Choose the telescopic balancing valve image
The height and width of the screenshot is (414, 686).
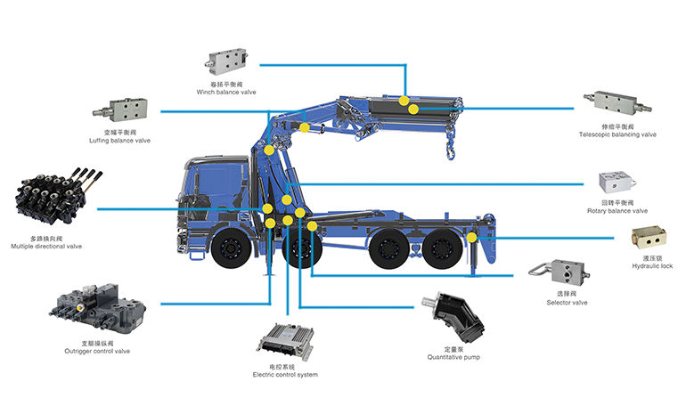pos(616,105)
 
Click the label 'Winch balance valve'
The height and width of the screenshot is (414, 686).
pos(225,92)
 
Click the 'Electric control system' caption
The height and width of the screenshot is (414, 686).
pos(285,375)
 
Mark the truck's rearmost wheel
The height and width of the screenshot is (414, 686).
pos(440,251)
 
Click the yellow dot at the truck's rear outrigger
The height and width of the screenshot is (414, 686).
pos(471,238)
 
